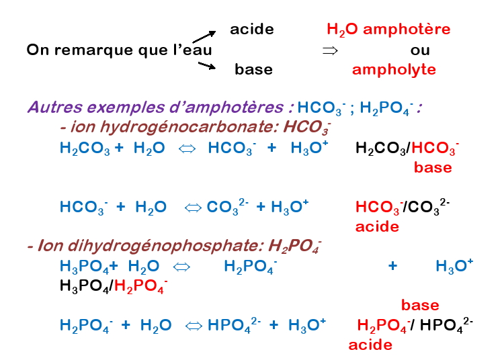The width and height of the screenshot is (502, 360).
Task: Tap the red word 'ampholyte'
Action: coord(394,69)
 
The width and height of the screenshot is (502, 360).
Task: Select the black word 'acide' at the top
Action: coord(252,29)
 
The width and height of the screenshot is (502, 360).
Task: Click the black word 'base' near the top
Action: coord(253,69)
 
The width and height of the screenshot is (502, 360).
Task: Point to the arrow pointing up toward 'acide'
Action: coord(204,36)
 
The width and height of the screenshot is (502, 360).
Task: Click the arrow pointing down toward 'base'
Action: coord(206,65)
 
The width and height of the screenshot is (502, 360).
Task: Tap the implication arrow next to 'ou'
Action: coord(329,50)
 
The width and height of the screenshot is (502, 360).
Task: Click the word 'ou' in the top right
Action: coord(420,50)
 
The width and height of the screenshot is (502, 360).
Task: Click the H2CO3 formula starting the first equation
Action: coord(85,149)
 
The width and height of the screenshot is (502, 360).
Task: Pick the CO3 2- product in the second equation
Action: coord(228,207)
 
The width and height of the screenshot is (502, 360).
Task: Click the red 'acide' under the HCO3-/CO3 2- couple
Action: coord(377,226)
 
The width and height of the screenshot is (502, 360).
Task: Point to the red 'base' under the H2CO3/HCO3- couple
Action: coord(433,167)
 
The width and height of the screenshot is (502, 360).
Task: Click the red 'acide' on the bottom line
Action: coord(370,345)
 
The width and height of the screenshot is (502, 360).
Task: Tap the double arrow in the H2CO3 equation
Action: coord(186,149)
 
